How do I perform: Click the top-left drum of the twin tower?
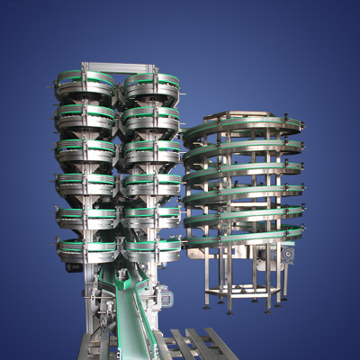point(85,87)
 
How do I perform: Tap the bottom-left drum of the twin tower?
point(85,247)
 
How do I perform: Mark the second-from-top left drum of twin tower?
point(85,118)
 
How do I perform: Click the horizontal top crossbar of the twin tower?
point(117,67)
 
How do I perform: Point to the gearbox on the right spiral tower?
point(286,255)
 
